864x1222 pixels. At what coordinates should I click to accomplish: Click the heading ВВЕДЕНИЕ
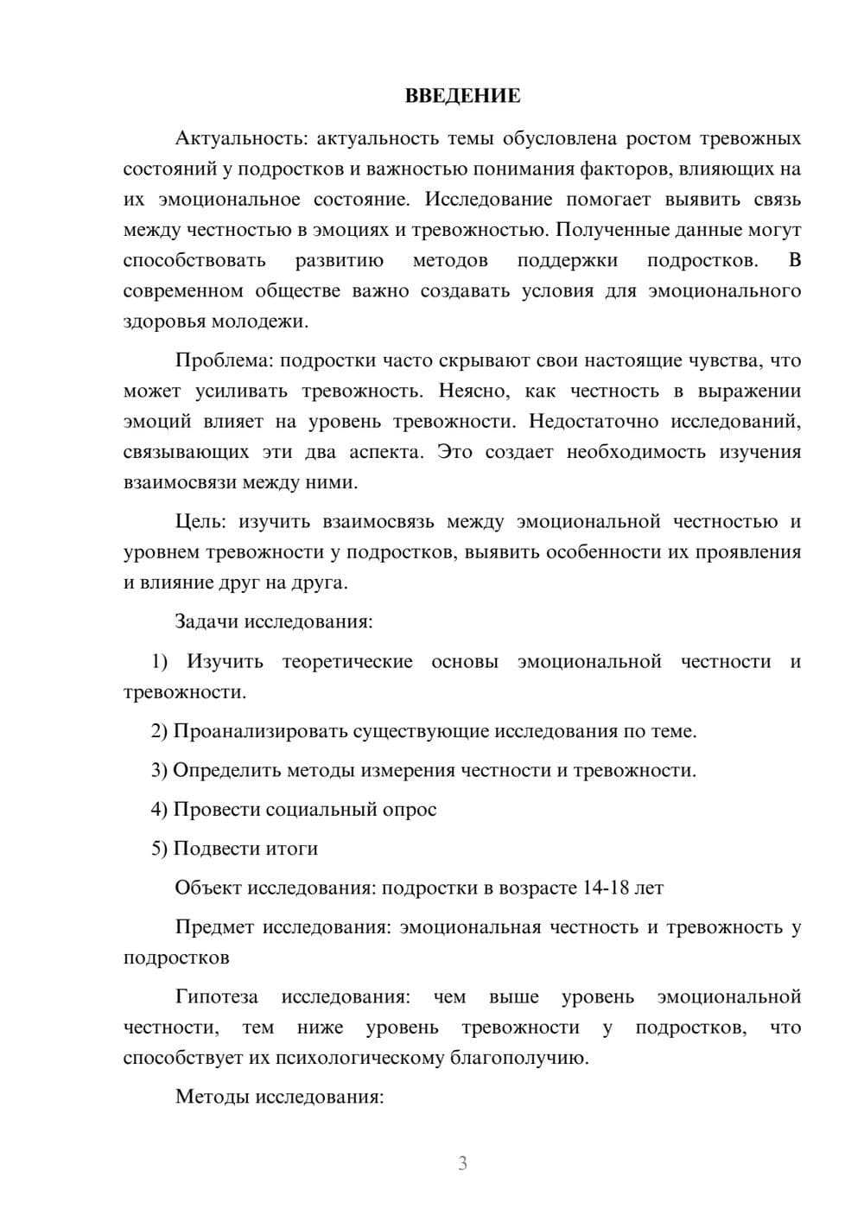click(462, 96)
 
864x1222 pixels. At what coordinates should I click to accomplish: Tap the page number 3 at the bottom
click(462, 1163)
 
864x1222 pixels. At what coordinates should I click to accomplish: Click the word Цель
click(200, 521)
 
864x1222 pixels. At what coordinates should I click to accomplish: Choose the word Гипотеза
click(216, 996)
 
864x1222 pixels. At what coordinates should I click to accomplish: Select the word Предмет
click(214, 927)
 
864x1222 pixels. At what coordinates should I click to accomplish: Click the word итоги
click(291, 849)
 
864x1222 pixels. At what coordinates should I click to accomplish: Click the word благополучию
click(518, 1058)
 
